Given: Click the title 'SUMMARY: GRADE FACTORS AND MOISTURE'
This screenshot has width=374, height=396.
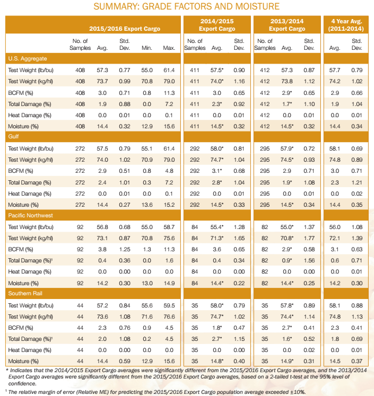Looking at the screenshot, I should click(187, 7).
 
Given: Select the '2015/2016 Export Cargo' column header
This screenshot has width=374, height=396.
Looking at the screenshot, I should click(125, 28).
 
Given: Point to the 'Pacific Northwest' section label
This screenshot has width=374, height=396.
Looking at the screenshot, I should click(31, 215).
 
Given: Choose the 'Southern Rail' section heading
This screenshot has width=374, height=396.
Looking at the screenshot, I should click(25, 294).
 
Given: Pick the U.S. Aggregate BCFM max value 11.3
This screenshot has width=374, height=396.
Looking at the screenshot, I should click(169, 92).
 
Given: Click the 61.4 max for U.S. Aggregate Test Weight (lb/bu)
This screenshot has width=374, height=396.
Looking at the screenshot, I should click(169, 70).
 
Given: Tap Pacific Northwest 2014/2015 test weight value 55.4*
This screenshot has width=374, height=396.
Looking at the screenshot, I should click(216, 227).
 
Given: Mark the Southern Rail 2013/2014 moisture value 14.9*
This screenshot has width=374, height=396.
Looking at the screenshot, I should click(287, 361).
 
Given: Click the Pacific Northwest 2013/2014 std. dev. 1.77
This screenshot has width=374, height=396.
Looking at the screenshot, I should click(309, 238).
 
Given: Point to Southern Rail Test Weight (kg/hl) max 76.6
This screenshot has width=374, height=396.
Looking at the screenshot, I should click(169, 316).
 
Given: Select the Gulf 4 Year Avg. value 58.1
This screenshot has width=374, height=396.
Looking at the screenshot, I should click(334, 148).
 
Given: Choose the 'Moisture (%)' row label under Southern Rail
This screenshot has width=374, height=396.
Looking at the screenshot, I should click(23, 361).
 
